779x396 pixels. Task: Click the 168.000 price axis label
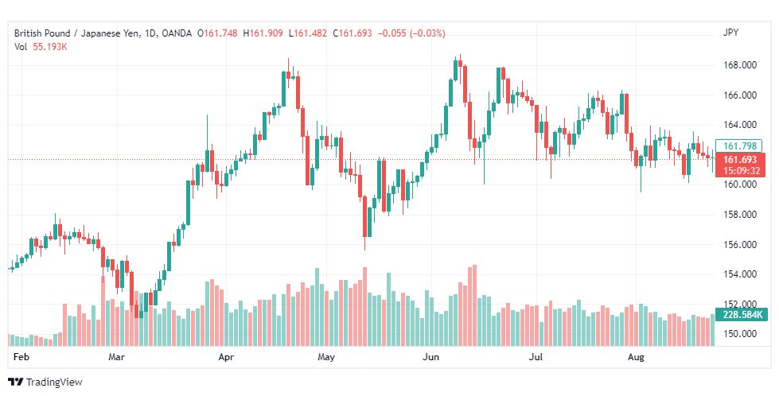tap(740, 65)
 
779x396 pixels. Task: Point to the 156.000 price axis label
tap(740, 244)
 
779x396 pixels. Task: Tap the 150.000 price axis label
tap(740, 334)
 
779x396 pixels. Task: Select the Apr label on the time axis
tap(226, 357)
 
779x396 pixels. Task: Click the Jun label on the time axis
tap(430, 357)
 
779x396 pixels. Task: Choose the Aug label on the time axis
tap(636, 357)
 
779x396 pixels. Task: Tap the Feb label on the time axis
tap(21, 357)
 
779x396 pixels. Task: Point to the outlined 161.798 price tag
tap(739, 146)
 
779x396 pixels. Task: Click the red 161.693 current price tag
tap(740, 165)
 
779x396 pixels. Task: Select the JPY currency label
tap(730, 33)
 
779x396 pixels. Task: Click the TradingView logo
tap(45, 382)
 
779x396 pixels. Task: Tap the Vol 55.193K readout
tap(41, 47)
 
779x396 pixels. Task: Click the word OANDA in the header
tap(177, 33)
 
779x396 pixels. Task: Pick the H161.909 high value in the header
tap(263, 33)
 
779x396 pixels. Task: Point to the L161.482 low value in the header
tap(310, 33)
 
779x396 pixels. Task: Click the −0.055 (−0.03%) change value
tap(412, 33)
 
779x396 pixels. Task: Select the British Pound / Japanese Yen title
tap(76, 33)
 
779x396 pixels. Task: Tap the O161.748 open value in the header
tap(217, 33)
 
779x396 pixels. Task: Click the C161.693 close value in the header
tap(352, 33)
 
